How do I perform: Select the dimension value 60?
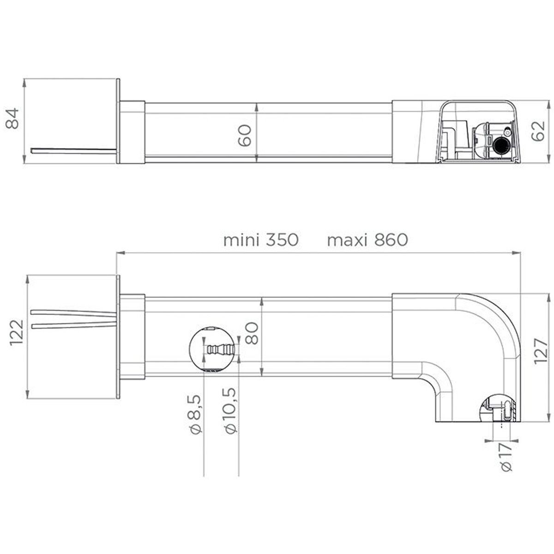245,135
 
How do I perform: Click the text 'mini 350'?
261,240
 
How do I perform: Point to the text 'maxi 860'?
367,240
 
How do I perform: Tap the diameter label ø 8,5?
194,414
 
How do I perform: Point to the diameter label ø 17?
506,457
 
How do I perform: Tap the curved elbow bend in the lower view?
489,332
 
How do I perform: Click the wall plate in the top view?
118,121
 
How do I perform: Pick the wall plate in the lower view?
118,337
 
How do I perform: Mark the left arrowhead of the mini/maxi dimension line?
120,253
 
